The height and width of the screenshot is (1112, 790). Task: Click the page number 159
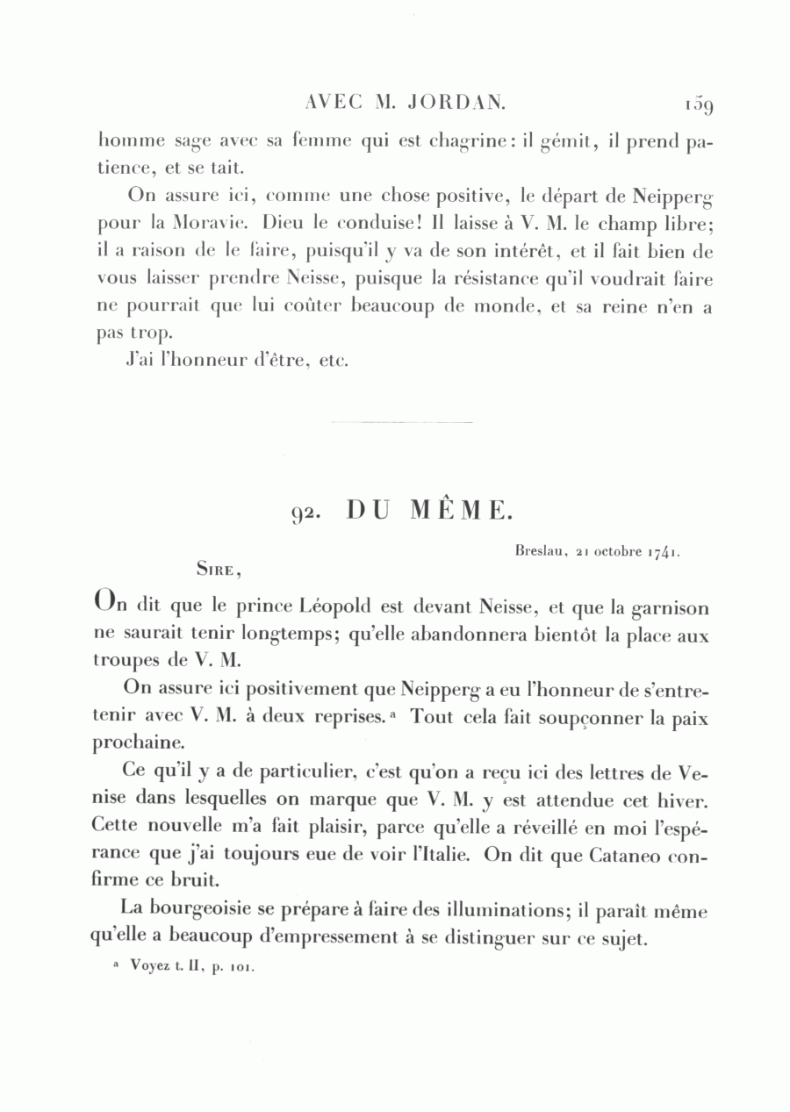pyautogui.click(x=699, y=104)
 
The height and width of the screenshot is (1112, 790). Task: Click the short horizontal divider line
pyautogui.click(x=402, y=423)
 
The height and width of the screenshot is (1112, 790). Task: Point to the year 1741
pyautogui.click(x=663, y=553)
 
